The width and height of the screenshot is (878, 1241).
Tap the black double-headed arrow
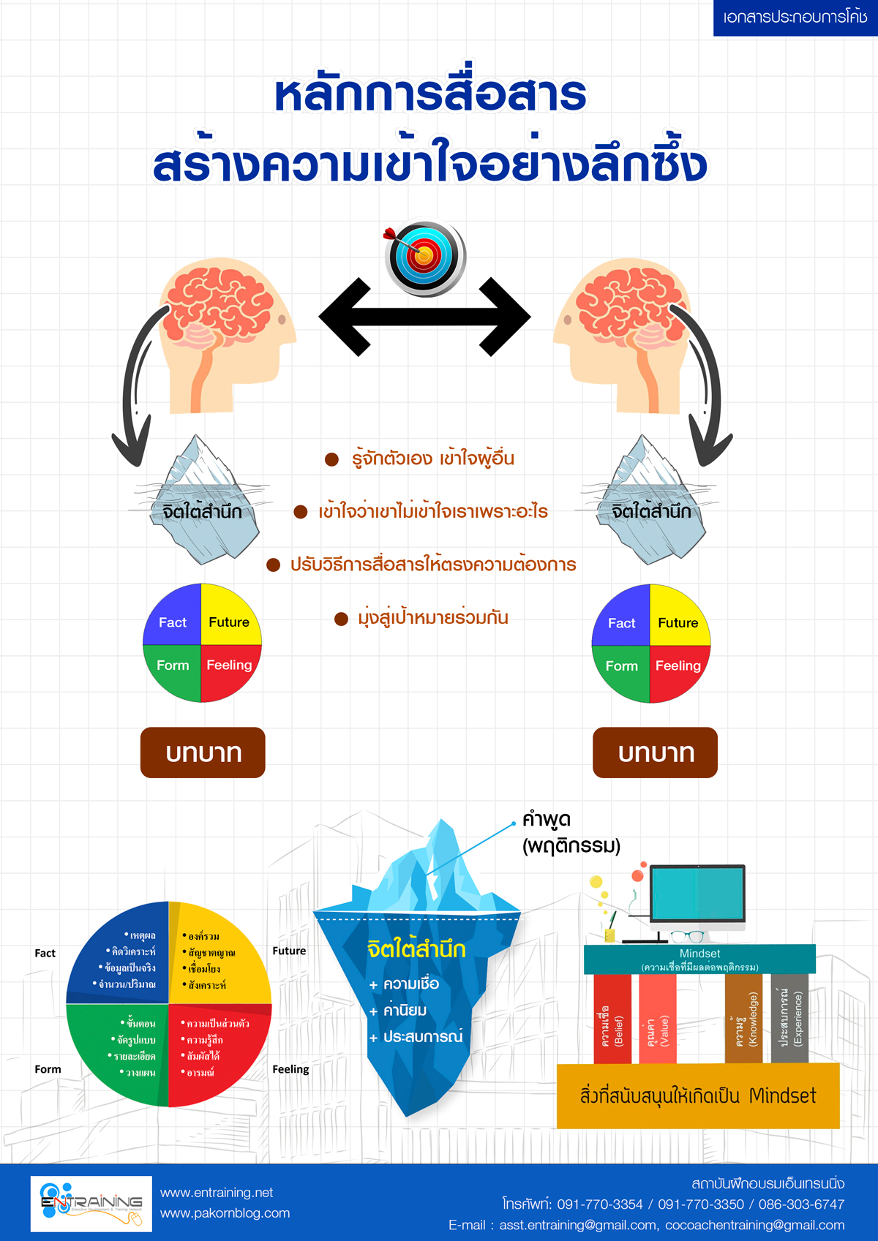click(x=424, y=316)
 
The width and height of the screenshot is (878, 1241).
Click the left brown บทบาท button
click(x=203, y=752)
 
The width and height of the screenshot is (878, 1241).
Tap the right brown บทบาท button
click(x=655, y=752)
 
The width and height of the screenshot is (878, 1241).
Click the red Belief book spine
click(x=612, y=1019)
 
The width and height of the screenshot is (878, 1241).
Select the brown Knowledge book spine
click(x=743, y=1019)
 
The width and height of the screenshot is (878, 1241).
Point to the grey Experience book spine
click(x=789, y=1019)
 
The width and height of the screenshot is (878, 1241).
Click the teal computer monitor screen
click(x=697, y=893)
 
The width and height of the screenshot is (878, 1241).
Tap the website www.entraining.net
click(x=217, y=1193)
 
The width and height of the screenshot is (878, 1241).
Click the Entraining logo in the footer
click(x=91, y=1204)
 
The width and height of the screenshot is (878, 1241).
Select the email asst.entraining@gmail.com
click(x=578, y=1225)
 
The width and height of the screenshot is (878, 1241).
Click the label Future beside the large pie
click(x=289, y=951)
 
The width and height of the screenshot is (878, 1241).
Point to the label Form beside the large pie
click(x=48, y=1069)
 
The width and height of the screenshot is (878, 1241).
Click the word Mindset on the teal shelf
click(x=699, y=954)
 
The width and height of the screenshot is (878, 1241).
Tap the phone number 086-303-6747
click(x=801, y=1204)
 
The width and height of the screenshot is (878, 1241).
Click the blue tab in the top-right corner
click(x=795, y=18)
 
